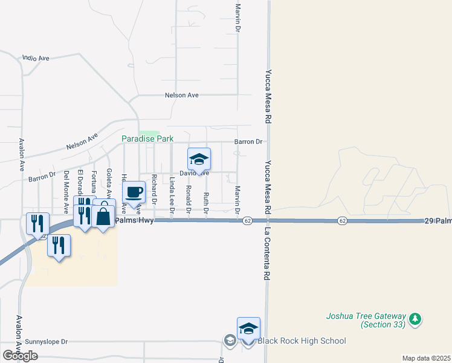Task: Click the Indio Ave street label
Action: click(35, 58)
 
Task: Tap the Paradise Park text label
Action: click(147, 139)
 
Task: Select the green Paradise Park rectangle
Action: click(149, 132)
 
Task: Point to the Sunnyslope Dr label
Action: click(44, 341)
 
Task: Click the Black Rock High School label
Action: click(302, 341)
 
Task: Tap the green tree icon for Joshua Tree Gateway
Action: click(415, 318)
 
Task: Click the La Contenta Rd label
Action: click(265, 254)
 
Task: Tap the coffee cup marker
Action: click(134, 192)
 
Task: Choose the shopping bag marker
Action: click(103, 216)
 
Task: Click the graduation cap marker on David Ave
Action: click(199, 159)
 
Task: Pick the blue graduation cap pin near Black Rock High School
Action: click(248, 329)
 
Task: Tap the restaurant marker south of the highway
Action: click(59, 245)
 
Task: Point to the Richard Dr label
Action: click(155, 188)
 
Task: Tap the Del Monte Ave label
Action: click(66, 192)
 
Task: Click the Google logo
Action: click(20, 355)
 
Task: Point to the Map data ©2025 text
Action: click(426, 358)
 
